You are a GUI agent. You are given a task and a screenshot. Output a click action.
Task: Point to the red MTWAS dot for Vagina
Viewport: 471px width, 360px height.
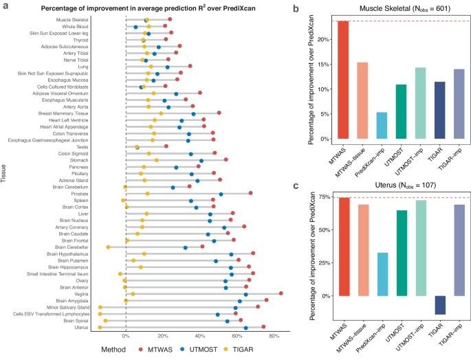(281, 293)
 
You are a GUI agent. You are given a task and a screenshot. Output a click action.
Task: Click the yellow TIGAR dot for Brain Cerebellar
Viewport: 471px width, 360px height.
(108, 247)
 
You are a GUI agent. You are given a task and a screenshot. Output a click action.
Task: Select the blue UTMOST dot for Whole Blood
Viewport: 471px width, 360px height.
(135, 27)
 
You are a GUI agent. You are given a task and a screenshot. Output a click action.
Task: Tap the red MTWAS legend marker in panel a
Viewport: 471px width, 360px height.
(140, 349)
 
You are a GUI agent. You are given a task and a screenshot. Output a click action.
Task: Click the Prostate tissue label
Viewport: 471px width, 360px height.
(76, 194)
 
